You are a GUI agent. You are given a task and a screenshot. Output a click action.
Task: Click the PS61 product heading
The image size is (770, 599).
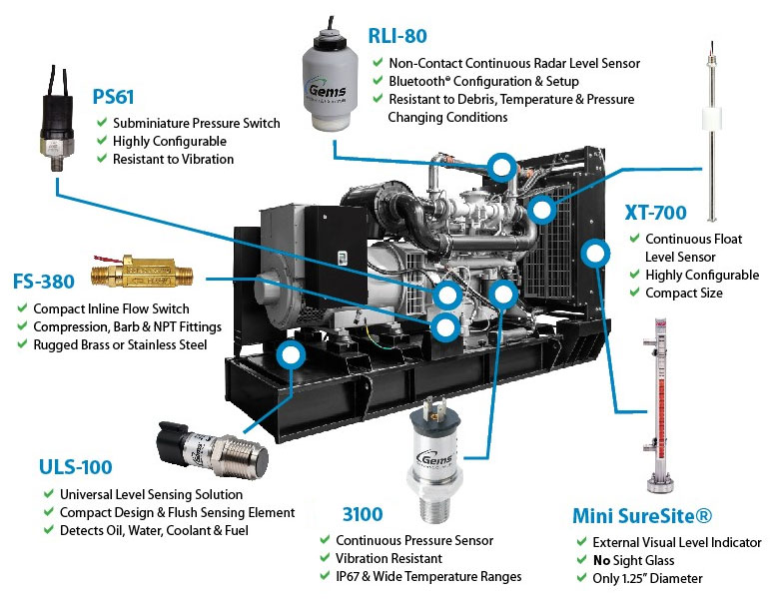click(114, 98)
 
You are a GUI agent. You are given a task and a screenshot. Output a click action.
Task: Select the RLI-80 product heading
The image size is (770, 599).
click(398, 37)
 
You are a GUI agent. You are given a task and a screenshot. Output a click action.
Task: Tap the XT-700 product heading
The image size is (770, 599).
click(656, 214)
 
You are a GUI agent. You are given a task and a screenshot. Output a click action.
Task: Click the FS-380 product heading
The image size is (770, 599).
click(45, 283)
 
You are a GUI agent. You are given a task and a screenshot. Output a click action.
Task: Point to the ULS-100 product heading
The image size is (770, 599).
click(75, 467)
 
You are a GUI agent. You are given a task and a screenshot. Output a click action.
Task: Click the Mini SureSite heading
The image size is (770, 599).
click(641, 516)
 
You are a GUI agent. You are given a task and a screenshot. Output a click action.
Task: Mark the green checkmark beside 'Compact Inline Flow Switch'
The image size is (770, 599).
click(20, 309)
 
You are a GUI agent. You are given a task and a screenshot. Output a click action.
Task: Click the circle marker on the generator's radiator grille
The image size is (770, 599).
click(596, 252)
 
